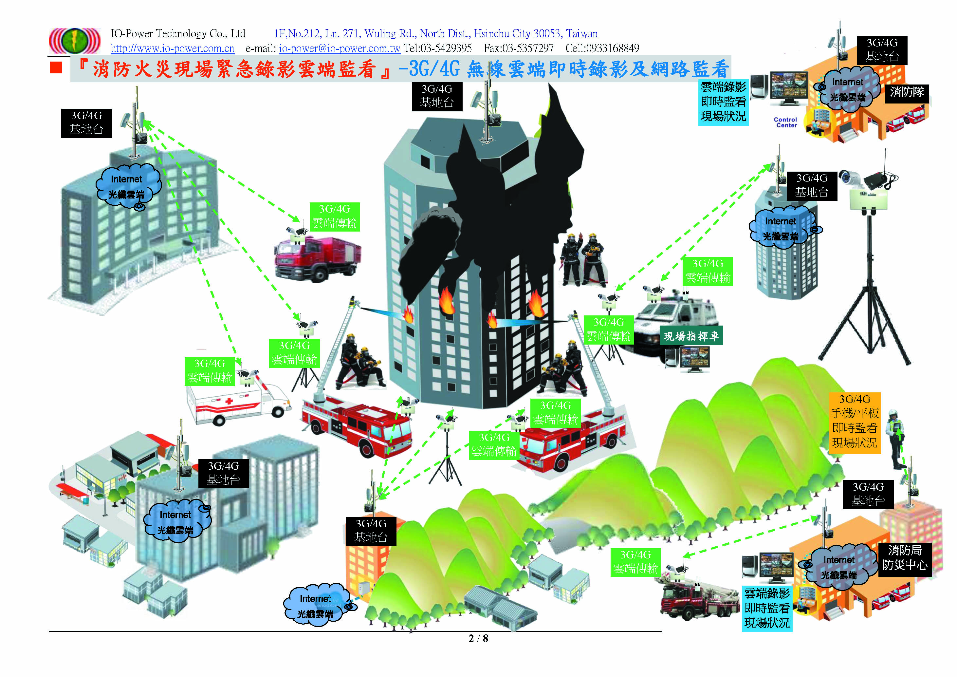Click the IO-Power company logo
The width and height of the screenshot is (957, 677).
(75, 40)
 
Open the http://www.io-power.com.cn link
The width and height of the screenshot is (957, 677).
(172, 48)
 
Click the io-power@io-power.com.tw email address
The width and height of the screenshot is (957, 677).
(339, 48)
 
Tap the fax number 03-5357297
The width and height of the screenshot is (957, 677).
(519, 48)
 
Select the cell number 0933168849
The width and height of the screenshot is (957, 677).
(602, 48)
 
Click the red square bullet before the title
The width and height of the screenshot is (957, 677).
(56, 67)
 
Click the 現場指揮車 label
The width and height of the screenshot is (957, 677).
(691, 336)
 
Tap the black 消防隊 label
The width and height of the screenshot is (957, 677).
(907, 92)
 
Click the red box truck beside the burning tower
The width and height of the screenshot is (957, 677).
(318, 258)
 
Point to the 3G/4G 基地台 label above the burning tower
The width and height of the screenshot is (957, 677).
(436, 96)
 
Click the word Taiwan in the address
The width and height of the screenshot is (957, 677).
(581, 33)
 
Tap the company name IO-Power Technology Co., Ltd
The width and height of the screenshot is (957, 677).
(178, 33)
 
